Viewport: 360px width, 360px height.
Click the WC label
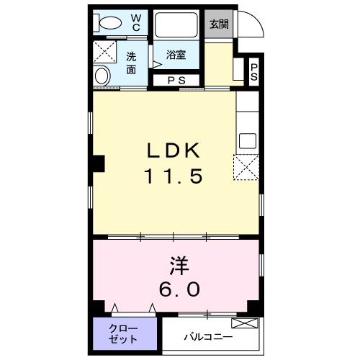135,22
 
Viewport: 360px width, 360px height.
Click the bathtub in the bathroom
176,27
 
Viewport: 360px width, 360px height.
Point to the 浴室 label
175,55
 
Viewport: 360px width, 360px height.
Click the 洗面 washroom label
132,63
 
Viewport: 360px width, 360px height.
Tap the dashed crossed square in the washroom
106,52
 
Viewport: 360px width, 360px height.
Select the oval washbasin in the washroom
102,76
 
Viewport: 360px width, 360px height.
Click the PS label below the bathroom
176,81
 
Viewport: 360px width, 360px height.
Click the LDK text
175,150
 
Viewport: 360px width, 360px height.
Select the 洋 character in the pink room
179,266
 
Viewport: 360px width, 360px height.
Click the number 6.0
179,289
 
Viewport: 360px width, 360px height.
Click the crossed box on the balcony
243,324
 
